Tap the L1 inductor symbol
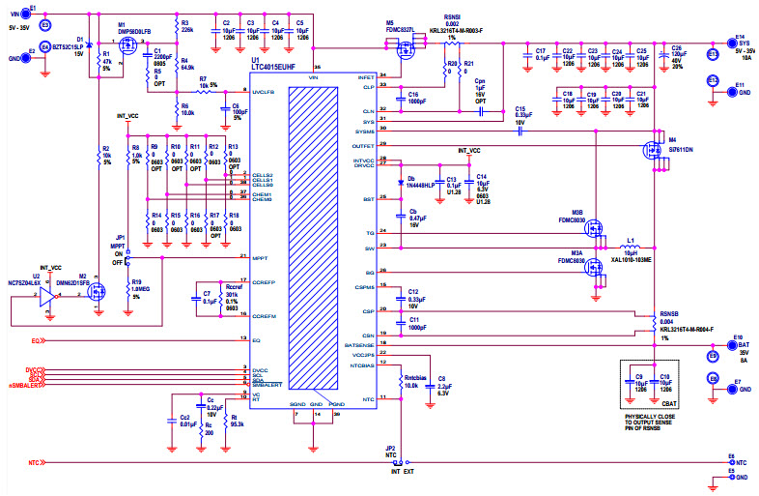tap(632, 247)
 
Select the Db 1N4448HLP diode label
tap(417, 181)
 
